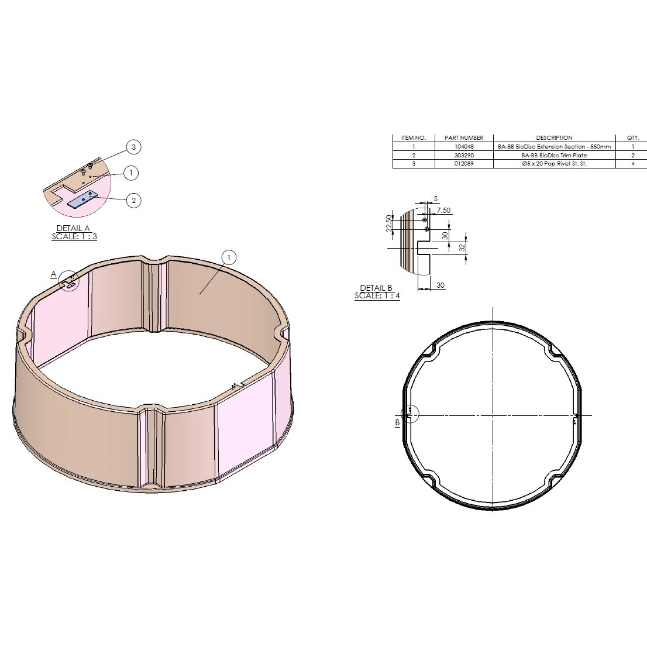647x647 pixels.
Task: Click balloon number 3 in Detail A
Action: click(133, 147)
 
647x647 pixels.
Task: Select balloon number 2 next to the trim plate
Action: click(133, 201)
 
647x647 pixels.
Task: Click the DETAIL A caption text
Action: click(73, 228)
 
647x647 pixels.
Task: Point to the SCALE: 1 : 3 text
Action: click(74, 236)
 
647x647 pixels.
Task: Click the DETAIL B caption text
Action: click(376, 288)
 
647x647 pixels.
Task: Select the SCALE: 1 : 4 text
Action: click(377, 296)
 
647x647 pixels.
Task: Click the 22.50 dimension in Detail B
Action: click(389, 223)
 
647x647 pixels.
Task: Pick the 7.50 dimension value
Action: click(443, 210)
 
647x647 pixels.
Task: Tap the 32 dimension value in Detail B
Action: click(462, 247)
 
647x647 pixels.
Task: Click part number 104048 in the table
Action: click(464, 147)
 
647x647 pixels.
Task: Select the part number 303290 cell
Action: click(464, 156)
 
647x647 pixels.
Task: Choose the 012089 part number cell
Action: click(464, 164)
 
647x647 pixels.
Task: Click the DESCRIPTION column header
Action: click(554, 138)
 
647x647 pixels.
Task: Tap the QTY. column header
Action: click(633, 138)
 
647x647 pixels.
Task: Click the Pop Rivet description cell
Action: click(554, 164)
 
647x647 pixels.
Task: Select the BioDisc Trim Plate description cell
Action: click(554, 156)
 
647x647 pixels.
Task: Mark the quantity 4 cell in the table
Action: click(633, 164)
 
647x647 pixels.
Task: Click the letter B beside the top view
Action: click(397, 422)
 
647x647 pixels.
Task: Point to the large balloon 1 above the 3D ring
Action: click(229, 257)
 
